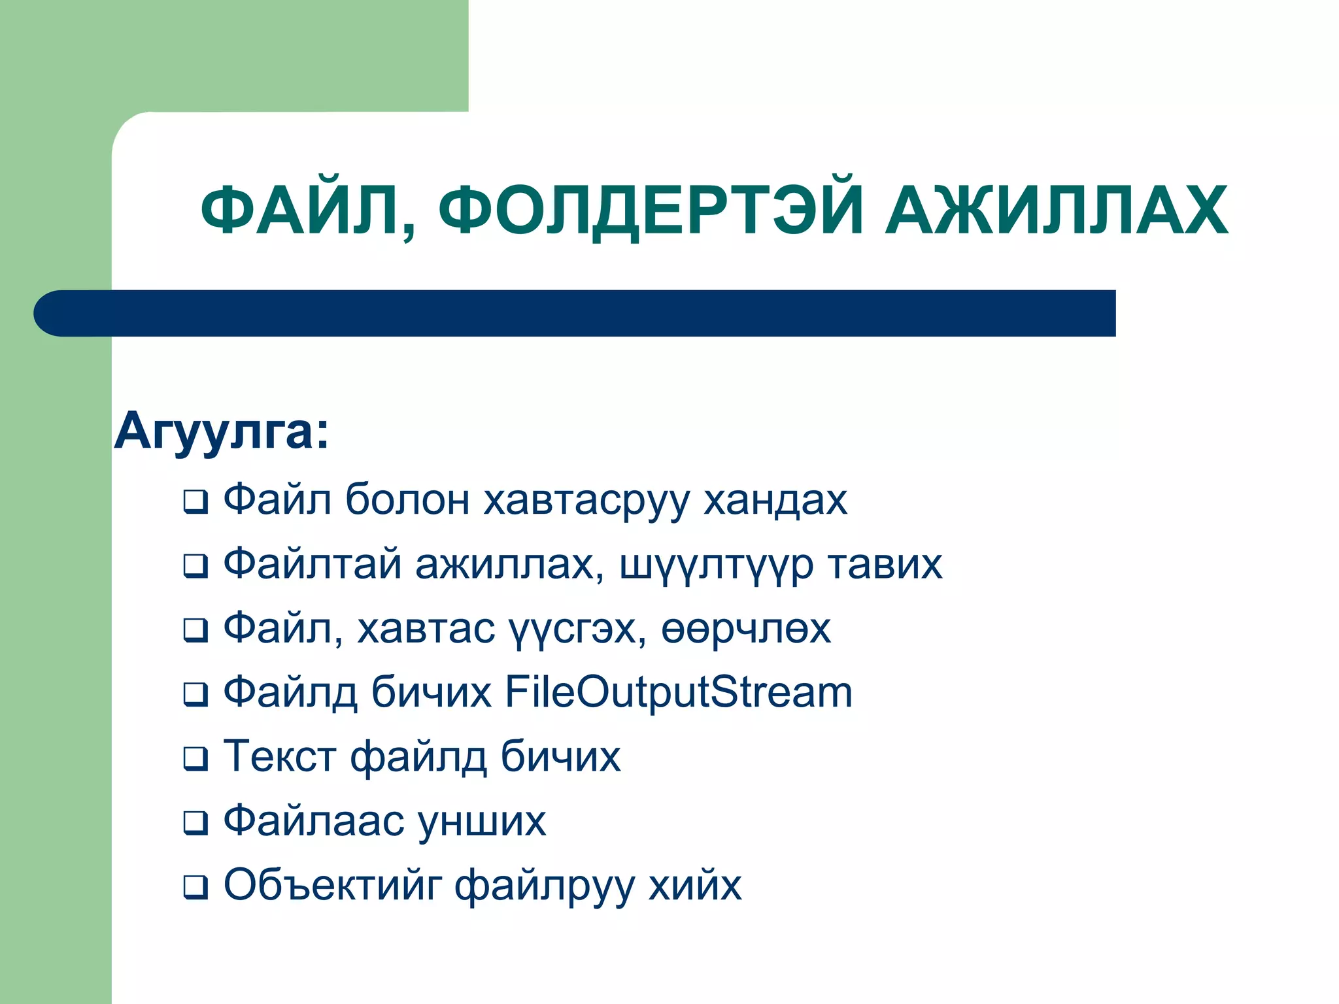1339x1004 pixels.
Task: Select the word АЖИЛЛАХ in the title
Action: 1056,210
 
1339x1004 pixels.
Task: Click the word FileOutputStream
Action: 679,692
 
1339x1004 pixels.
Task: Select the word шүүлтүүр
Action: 716,564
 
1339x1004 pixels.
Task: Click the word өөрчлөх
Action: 746,629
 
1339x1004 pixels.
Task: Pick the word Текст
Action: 280,756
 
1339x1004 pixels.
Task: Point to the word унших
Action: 482,821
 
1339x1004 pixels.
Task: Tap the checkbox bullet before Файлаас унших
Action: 195,823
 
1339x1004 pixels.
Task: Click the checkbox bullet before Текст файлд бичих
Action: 195,759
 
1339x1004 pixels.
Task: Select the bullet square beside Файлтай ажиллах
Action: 195,566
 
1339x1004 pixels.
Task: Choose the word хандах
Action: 775,500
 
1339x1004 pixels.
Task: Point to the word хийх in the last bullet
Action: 695,885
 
